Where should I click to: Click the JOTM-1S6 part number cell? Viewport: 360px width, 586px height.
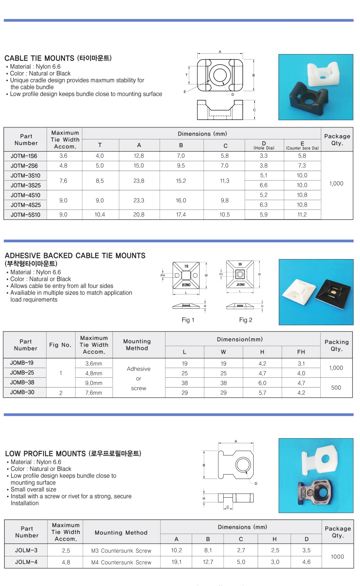pyautogui.click(x=24, y=156)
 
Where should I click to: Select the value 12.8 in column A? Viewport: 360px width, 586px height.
pyautogui.click(x=139, y=156)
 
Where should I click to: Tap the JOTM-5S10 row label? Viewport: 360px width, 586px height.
pyautogui.click(x=25, y=215)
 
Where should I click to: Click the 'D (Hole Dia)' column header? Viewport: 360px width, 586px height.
pyautogui.click(x=264, y=145)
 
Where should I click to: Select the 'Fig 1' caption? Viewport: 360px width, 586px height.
pyautogui.click(x=188, y=320)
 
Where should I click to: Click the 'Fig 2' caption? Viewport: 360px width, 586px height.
pyautogui.click(x=245, y=320)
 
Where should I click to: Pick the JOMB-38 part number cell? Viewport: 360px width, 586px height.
pyautogui.click(x=22, y=382)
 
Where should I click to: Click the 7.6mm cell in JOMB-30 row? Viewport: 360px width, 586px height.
pyautogui.click(x=94, y=393)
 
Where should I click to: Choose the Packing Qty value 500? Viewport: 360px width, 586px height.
pyautogui.click(x=336, y=387)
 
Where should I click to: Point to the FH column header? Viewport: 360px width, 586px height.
pyautogui.click(x=301, y=352)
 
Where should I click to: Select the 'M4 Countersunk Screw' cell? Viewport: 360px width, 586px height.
pyautogui.click(x=121, y=562)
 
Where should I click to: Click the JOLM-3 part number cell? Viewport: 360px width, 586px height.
pyautogui.click(x=26, y=550)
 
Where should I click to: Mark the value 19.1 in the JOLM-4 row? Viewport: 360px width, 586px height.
pyautogui.click(x=176, y=562)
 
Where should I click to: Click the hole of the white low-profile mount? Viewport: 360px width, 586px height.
pyautogui.click(x=325, y=459)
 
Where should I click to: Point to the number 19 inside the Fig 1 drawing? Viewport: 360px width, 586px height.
pyautogui.click(x=186, y=266)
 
